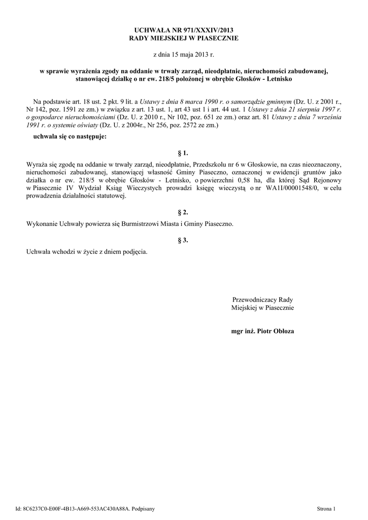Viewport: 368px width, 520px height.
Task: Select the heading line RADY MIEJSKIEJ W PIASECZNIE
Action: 184,38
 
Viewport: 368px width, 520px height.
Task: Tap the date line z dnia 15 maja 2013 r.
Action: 184,54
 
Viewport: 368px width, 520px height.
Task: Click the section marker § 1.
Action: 184,152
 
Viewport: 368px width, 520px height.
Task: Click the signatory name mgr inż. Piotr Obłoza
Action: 262,331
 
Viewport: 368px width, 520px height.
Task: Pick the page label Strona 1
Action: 326,508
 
